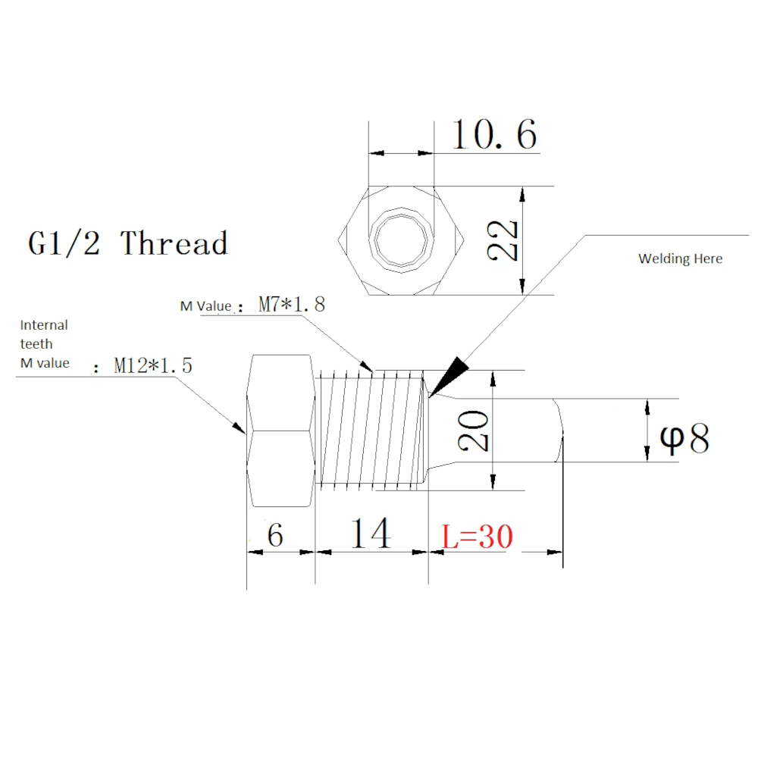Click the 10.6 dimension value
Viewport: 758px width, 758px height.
coord(494,135)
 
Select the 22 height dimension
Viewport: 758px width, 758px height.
coord(504,241)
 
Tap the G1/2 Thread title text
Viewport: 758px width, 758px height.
coord(128,244)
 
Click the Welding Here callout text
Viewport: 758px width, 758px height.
coord(680,259)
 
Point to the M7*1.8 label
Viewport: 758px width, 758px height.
coord(291,305)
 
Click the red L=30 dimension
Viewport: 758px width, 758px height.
coord(478,537)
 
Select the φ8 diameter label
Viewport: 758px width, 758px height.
coord(685,438)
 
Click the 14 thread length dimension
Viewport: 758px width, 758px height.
coord(370,534)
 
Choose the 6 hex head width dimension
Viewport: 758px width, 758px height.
coord(275,535)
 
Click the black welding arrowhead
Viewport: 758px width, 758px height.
coord(449,374)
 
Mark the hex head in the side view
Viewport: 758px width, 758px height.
coord(280,431)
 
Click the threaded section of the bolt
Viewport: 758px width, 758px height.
coord(371,429)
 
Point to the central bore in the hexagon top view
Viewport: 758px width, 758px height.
coord(401,239)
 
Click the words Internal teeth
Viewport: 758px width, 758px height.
coord(43,334)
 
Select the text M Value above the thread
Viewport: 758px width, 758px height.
coord(205,306)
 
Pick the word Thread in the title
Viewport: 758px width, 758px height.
coord(174,244)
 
